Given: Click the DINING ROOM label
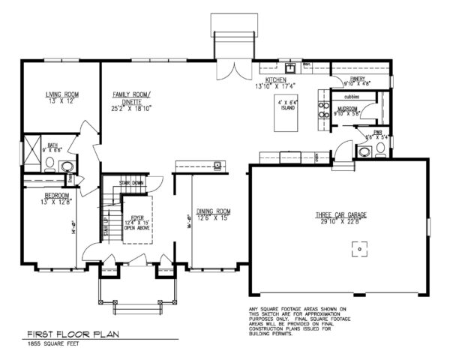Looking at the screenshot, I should (x=213, y=211).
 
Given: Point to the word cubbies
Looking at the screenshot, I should (x=352, y=97).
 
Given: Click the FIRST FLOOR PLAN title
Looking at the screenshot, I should (x=73, y=334).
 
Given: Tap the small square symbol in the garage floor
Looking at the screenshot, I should (x=359, y=252).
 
